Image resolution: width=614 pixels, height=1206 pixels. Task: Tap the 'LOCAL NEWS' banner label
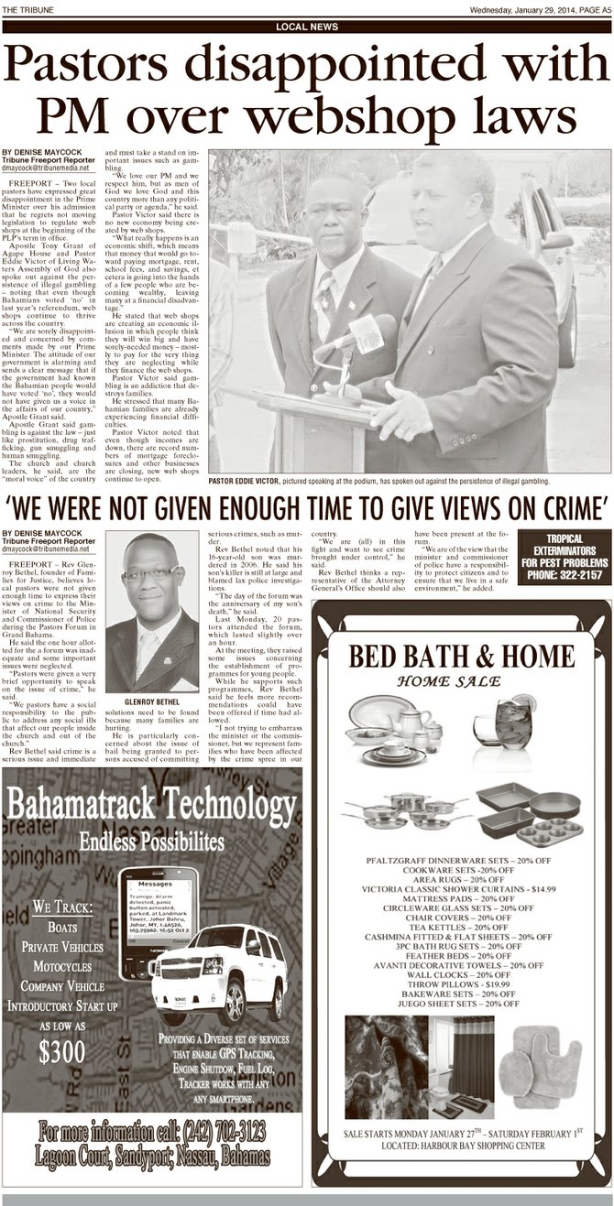pyautogui.click(x=306, y=27)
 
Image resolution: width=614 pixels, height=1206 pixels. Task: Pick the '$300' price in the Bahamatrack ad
pyautogui.click(x=62, y=1052)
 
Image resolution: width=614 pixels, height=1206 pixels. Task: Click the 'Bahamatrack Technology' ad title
pyautogui.click(x=151, y=805)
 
